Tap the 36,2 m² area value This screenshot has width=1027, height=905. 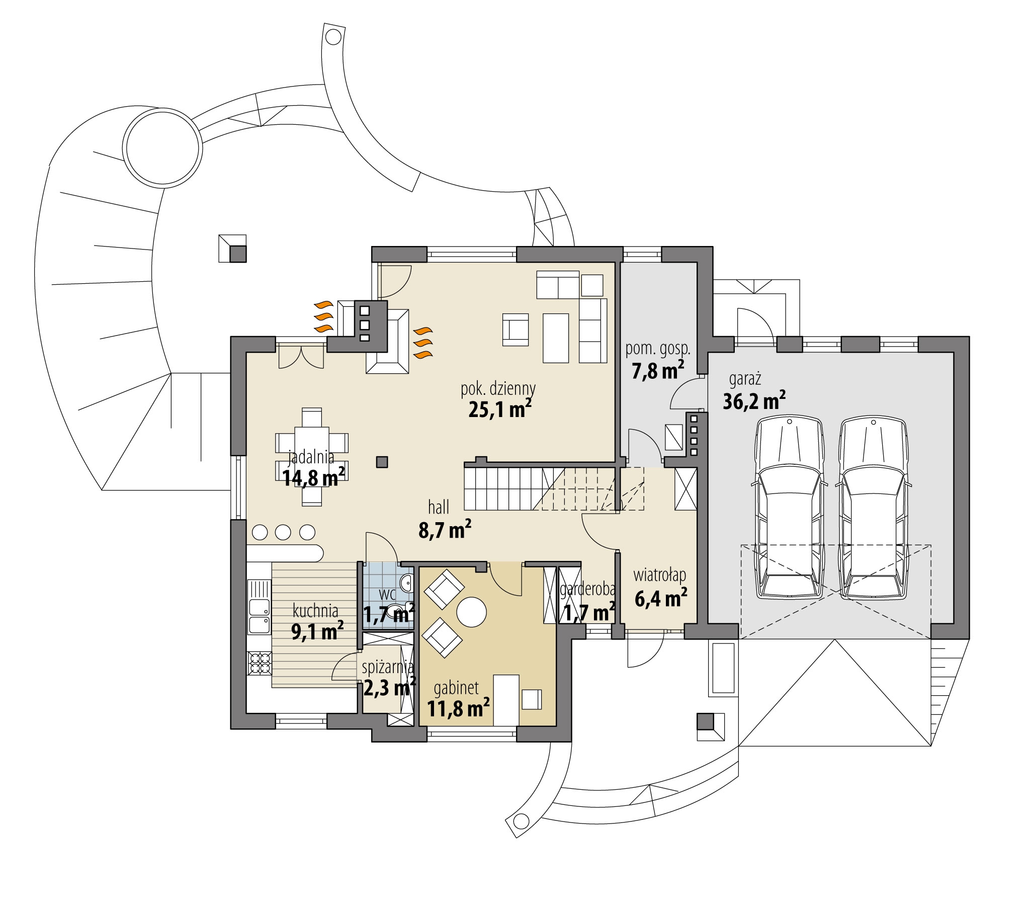(x=754, y=400)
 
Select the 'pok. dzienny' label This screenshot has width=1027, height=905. (x=498, y=388)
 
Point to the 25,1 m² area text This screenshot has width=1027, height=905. (x=500, y=409)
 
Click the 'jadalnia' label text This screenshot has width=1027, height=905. (x=311, y=458)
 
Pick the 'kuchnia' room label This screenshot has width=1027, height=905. (x=315, y=611)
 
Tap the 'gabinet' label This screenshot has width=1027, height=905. (x=456, y=688)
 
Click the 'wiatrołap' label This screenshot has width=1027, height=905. (x=660, y=575)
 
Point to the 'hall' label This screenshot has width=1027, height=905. (x=439, y=508)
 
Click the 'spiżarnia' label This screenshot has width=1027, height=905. (x=388, y=668)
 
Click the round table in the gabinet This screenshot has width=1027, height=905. (x=471, y=612)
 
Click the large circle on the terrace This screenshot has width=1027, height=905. (x=164, y=148)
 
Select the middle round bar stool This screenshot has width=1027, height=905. (x=283, y=532)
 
